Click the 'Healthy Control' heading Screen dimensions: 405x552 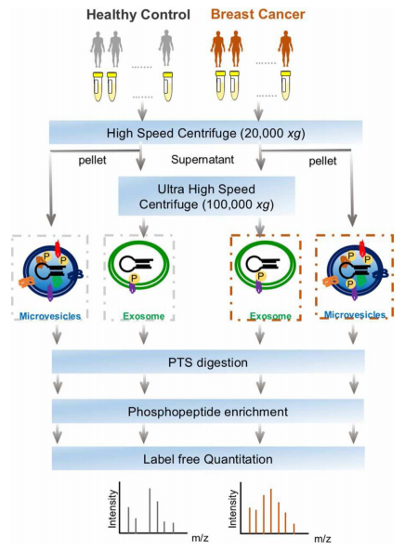pos(138,15)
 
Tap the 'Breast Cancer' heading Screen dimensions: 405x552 pos(258,15)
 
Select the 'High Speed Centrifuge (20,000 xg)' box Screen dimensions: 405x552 pos(205,133)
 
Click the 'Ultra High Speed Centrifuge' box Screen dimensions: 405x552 pos(206,196)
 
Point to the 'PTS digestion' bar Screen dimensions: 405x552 pos(208,362)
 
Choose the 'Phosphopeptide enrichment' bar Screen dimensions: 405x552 pos(208,411)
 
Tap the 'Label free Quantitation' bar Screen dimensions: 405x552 pos(208,459)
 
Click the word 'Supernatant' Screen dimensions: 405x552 pos(202,160)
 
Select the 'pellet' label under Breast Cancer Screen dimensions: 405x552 pos(322,162)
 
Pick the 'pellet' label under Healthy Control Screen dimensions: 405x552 pos(92,160)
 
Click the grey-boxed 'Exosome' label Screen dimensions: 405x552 pos(144,316)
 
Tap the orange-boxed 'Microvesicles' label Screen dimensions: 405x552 pos(355,314)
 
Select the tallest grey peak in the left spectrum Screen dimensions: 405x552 pos(150,510)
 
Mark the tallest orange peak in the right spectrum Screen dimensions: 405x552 pos(271,511)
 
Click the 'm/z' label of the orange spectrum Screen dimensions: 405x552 pos(322,539)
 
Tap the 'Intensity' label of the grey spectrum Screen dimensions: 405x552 pos(112,508)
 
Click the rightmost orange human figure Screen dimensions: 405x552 pos(285,48)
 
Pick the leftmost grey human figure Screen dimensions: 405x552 pos(98,49)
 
